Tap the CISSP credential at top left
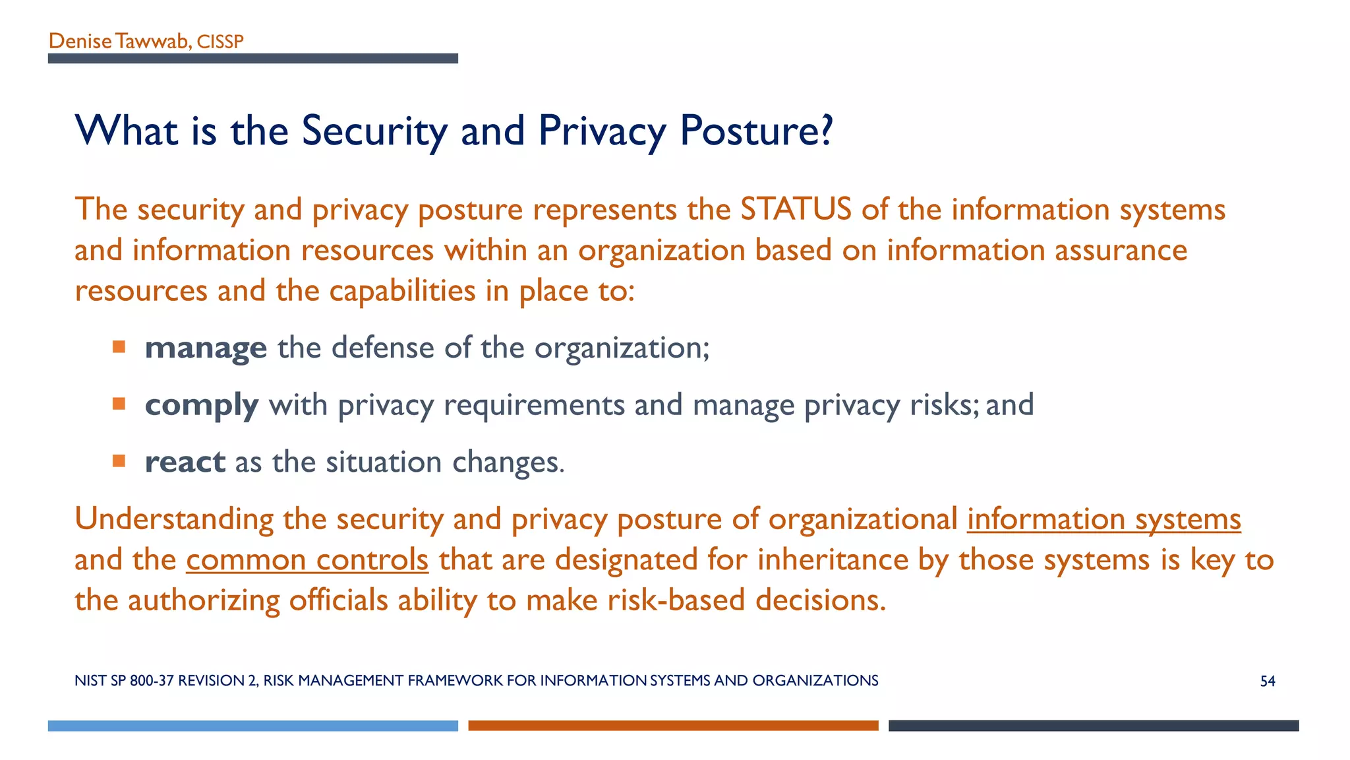[x=220, y=42]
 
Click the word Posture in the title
[x=748, y=131]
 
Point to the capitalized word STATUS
[x=796, y=210]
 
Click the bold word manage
[x=206, y=348]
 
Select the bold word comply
[x=202, y=405]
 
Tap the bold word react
[x=185, y=462]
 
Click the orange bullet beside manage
[x=119, y=347]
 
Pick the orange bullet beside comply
[x=119, y=404]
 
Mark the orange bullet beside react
[x=119, y=460]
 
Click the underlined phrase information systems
[x=1104, y=519]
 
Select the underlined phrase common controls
[x=307, y=560]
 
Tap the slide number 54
[x=1267, y=681]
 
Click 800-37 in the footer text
[x=152, y=681]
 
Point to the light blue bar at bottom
[x=252, y=726]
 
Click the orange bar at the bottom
[x=673, y=726]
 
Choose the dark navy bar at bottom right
[x=1093, y=726]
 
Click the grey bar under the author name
[x=252, y=59]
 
